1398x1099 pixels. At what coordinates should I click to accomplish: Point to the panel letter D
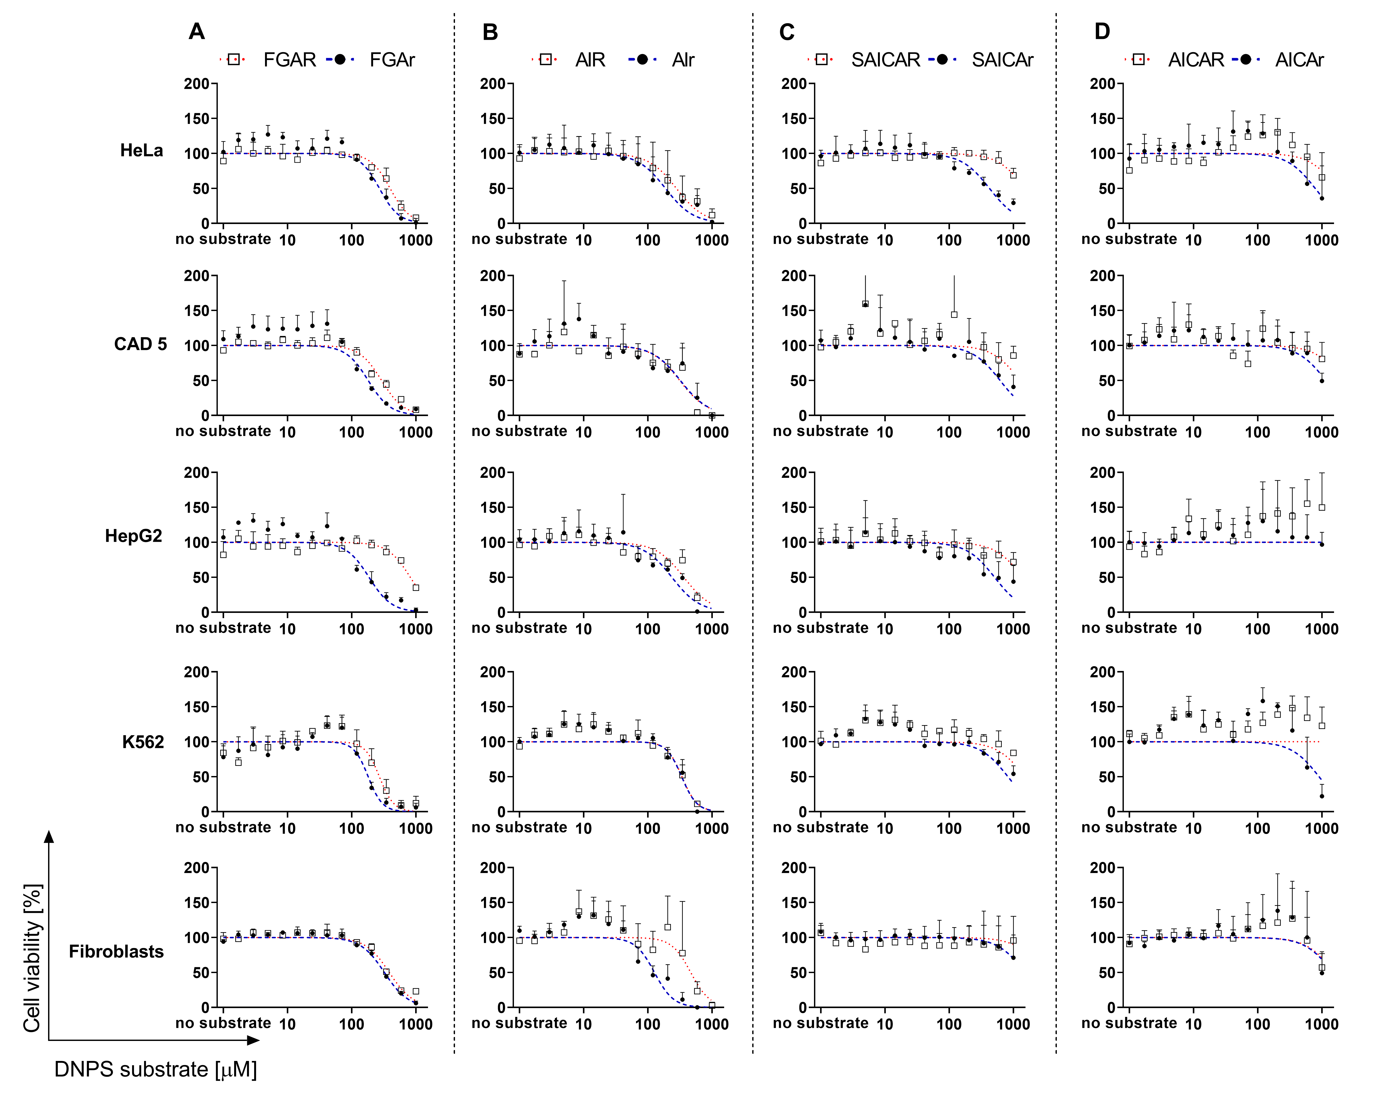(1102, 32)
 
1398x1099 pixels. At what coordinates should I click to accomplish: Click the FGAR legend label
(290, 60)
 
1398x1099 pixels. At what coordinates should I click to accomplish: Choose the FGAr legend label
(392, 60)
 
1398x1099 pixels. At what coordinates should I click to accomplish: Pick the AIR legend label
(590, 60)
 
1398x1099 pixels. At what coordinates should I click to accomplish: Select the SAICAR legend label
(886, 60)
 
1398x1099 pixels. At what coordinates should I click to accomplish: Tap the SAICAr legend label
(1002, 60)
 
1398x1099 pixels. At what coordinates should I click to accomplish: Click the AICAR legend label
(1196, 60)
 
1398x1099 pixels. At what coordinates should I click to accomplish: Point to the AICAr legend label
(1299, 60)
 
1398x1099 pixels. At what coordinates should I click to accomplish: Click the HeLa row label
(142, 151)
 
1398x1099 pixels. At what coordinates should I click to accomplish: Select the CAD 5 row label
(140, 344)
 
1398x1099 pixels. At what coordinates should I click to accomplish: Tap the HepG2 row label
(133, 536)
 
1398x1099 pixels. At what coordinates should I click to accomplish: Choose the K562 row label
(143, 742)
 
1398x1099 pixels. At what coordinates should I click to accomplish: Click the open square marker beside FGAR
(234, 60)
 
